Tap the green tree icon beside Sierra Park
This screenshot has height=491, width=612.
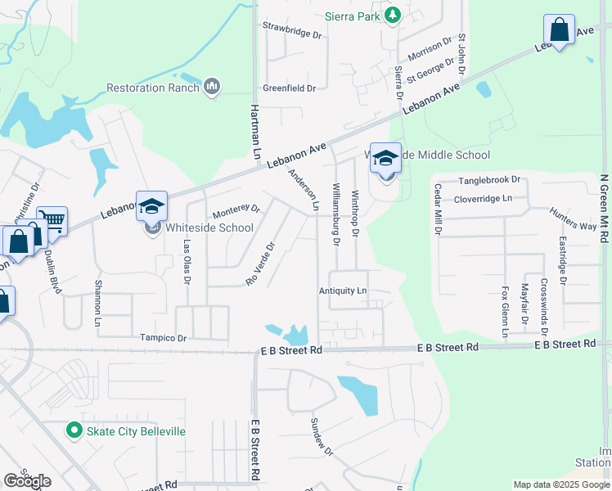[x=393, y=15]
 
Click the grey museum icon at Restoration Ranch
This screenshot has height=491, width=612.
[x=212, y=87]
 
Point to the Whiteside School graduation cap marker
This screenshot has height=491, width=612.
[x=151, y=207]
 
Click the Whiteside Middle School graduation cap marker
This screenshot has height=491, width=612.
[x=385, y=159]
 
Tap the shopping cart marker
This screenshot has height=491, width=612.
[x=51, y=220]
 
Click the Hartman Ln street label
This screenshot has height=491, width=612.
[x=255, y=126]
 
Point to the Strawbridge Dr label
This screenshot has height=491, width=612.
[x=292, y=32]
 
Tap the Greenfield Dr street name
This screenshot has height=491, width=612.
[x=289, y=88]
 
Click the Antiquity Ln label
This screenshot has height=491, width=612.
[x=343, y=291]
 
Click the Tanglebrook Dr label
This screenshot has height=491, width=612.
[x=489, y=179]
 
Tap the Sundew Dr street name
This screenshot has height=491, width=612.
[x=322, y=438]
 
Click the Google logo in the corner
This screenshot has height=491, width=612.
[x=27, y=481]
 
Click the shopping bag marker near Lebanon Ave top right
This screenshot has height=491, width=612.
[x=560, y=30]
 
